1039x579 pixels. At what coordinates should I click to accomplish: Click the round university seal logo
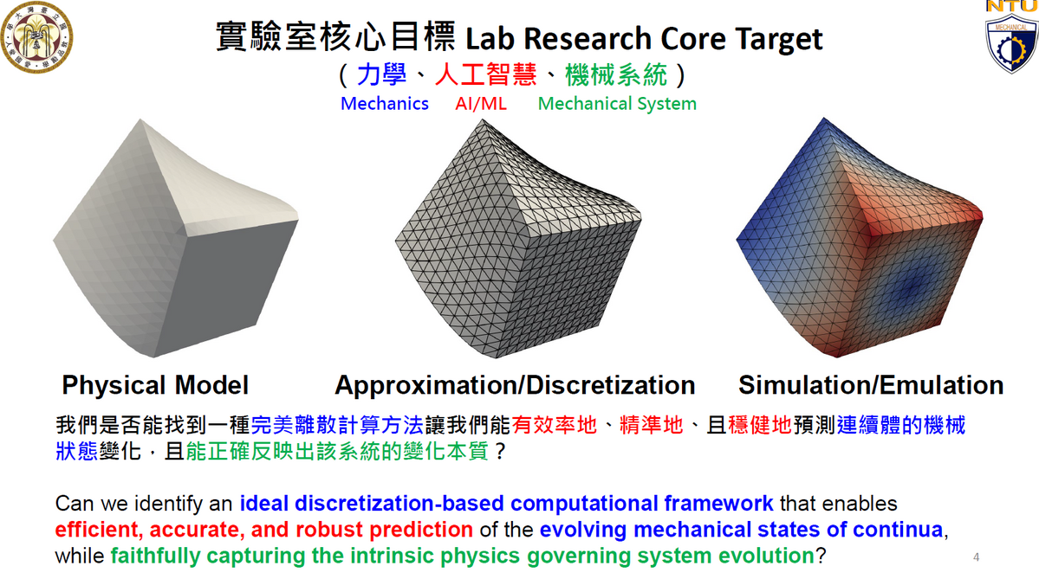pyautogui.click(x=36, y=36)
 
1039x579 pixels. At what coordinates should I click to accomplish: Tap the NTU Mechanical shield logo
pyautogui.click(x=1011, y=37)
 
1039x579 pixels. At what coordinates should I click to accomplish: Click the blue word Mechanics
pyautogui.click(x=385, y=104)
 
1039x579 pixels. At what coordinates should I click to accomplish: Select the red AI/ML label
pyautogui.click(x=480, y=104)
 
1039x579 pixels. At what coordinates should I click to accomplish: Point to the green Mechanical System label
pyautogui.click(x=617, y=104)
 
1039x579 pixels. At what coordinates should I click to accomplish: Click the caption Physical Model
pyautogui.click(x=155, y=385)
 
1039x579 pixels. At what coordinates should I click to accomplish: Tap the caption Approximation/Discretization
pyautogui.click(x=515, y=385)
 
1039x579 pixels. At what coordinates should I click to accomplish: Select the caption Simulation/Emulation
pyautogui.click(x=871, y=385)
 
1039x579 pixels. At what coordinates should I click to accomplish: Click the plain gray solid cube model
pyautogui.click(x=176, y=238)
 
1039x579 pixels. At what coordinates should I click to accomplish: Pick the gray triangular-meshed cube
pyautogui.click(x=518, y=238)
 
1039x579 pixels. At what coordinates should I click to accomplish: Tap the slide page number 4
pyautogui.click(x=976, y=557)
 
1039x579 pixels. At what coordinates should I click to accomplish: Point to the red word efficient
pyautogui.click(x=100, y=530)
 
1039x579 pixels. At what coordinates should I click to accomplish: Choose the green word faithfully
pyautogui.click(x=155, y=556)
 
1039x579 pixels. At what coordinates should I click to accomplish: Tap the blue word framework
pyautogui.click(x=718, y=504)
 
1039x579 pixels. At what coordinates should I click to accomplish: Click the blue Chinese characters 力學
pyautogui.click(x=381, y=74)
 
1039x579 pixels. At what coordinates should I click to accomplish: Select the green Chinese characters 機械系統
pyautogui.click(x=616, y=74)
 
